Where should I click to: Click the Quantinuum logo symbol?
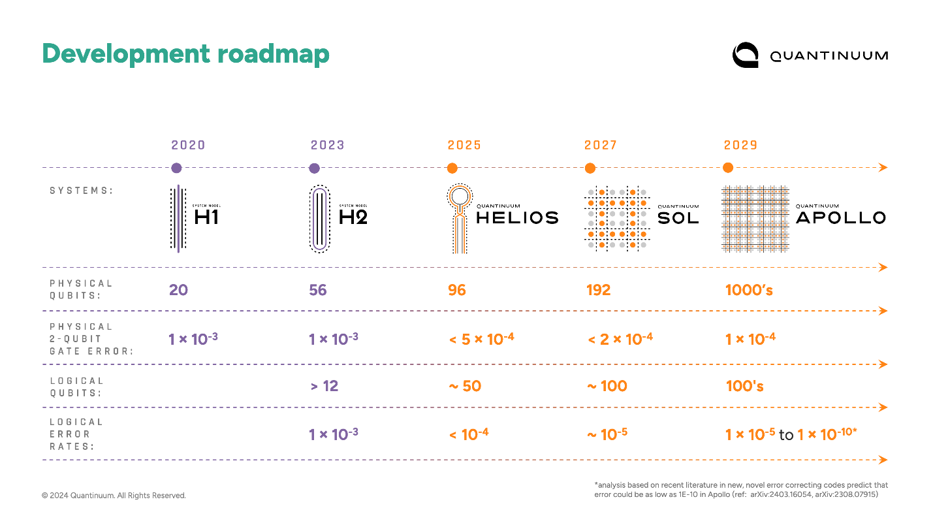coord(745,55)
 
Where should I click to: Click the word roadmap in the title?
coord(274,54)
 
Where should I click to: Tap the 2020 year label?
coord(189,145)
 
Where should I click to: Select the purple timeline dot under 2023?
coord(314,168)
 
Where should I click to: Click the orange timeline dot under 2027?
coord(590,168)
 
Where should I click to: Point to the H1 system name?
coord(206,217)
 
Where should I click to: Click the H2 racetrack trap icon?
coord(319,219)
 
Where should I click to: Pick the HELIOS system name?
coord(517,217)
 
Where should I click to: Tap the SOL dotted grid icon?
coord(616,219)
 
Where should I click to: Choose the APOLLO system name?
coord(840,217)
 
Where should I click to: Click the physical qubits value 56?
coord(318,289)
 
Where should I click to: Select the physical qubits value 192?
coord(598,289)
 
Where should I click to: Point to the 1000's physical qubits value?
coord(749,289)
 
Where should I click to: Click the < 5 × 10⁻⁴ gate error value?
coord(481,338)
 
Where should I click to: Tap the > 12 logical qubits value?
coord(324,386)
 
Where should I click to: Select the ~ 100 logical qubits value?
coord(607,386)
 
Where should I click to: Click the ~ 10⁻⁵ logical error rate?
coord(607,434)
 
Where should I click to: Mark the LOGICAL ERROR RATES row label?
coord(76,434)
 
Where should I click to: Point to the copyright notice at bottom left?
coord(114,496)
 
